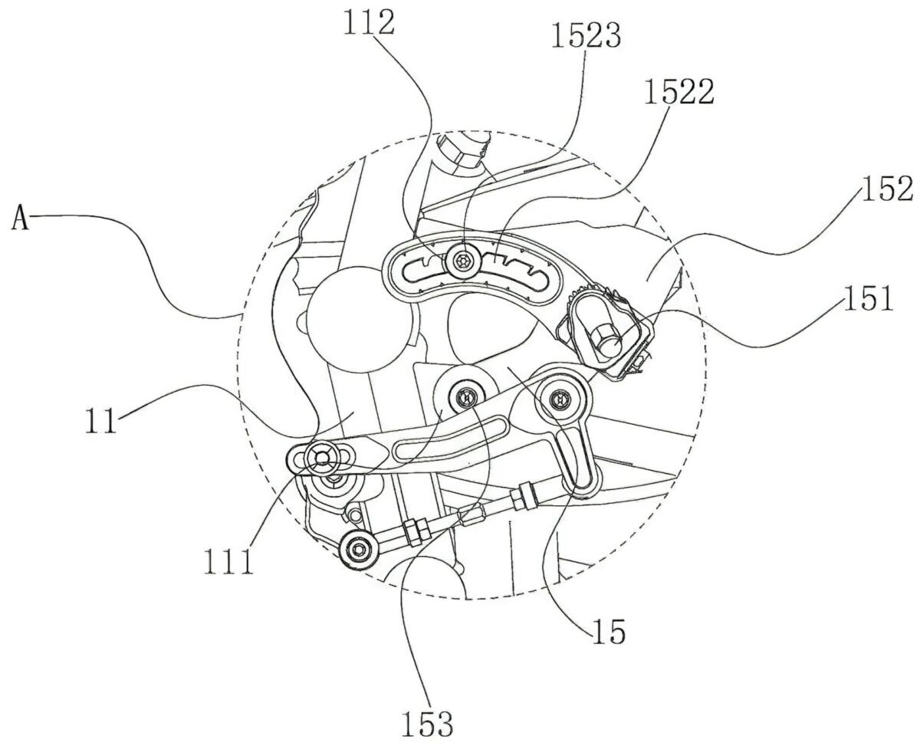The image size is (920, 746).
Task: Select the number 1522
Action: (x=679, y=92)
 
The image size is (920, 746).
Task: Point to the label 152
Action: (x=886, y=189)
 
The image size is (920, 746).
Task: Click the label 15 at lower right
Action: (x=608, y=632)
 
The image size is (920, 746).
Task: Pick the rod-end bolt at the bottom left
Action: (x=356, y=548)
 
